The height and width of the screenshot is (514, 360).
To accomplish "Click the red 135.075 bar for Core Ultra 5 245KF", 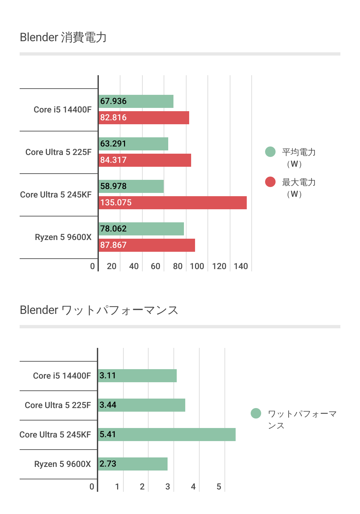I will [172, 203].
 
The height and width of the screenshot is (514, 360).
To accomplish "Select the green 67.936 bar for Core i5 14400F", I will [136, 101].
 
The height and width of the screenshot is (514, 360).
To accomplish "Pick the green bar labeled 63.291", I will [133, 144].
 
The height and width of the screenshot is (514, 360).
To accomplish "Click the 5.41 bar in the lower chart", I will [167, 435].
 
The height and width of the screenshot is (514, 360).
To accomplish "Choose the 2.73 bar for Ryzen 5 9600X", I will [133, 464].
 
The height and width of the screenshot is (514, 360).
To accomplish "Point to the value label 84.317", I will [113, 160].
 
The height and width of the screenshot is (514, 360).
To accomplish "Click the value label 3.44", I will [108, 405].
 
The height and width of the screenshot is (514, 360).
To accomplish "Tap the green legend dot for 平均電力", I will [270, 152].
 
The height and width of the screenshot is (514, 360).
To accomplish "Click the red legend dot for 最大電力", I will [270, 182].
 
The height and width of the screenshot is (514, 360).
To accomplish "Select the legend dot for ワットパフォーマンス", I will [256, 413].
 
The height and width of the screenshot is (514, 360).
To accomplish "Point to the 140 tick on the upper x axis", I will [241, 266].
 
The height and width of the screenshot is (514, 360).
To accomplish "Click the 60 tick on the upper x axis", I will [155, 266].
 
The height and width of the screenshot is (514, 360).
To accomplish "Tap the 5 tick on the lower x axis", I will [219, 487].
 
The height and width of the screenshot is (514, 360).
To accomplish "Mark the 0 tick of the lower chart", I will [92, 487].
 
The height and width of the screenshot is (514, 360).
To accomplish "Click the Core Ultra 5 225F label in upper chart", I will [59, 152].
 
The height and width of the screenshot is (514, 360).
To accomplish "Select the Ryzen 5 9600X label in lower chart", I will [63, 464].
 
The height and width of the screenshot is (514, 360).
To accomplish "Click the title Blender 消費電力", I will [63, 37].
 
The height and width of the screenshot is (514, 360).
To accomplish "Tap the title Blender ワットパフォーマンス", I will [99, 310].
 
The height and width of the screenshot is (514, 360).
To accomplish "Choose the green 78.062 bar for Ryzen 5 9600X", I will [141, 229].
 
